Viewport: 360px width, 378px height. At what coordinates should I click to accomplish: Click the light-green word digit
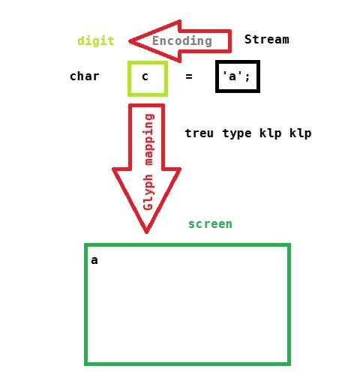click(96, 41)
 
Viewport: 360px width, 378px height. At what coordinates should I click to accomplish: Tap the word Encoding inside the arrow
click(182, 41)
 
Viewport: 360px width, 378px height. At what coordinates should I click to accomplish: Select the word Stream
click(267, 40)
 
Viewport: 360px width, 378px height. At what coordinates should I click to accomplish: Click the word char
click(85, 76)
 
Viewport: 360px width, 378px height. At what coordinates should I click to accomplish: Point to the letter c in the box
click(145, 76)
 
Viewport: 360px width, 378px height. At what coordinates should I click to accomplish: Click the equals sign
click(189, 76)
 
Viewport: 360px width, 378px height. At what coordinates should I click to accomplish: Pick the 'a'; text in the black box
click(236, 76)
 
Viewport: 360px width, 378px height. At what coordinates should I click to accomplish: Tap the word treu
click(199, 133)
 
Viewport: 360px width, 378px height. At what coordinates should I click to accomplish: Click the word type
click(237, 133)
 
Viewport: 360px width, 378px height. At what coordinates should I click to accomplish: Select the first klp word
click(271, 133)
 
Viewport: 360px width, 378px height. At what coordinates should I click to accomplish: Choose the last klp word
click(301, 133)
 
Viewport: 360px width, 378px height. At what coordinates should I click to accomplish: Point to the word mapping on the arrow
click(149, 139)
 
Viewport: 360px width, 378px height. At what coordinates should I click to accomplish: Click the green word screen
click(210, 224)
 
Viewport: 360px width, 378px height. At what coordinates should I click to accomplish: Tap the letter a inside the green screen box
click(94, 260)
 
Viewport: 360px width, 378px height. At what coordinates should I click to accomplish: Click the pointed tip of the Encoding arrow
click(129, 41)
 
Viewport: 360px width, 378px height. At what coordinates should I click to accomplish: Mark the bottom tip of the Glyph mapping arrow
click(146, 233)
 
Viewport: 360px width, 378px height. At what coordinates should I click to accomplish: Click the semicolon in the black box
click(247, 77)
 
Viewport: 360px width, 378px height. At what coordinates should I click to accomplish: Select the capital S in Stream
click(248, 40)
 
